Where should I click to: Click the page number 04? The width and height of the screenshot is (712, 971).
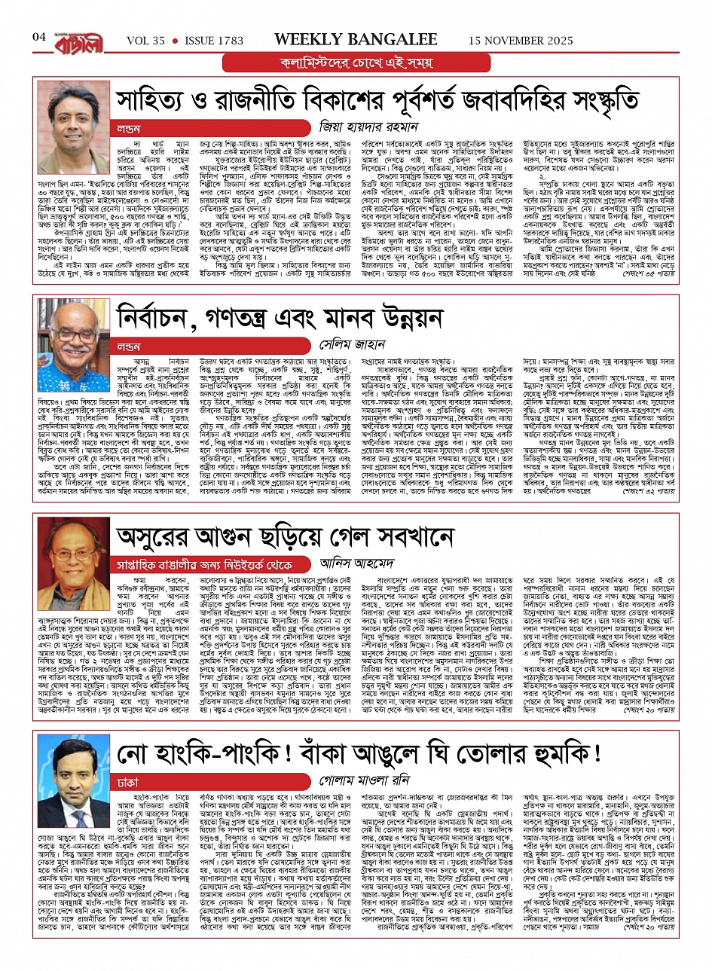coord(39,36)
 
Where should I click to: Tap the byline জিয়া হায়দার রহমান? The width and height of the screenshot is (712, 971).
coord(373,127)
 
